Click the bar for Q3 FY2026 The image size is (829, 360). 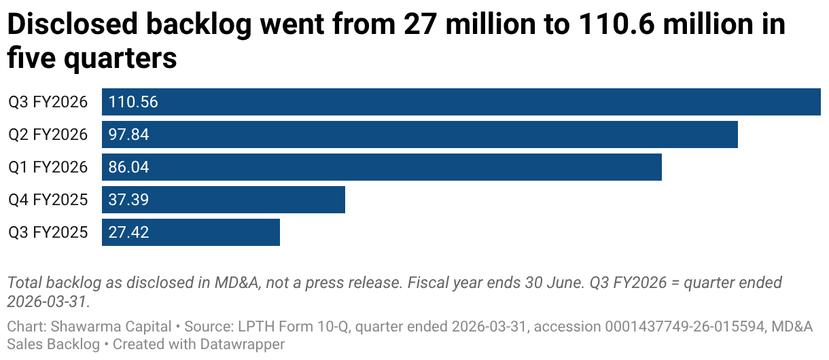(x=461, y=102)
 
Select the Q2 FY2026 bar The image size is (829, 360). (x=420, y=134)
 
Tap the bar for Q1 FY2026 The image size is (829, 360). (x=382, y=167)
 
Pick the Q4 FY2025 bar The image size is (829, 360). (x=224, y=200)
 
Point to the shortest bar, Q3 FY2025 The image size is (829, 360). (x=191, y=232)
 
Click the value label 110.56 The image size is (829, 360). (x=133, y=102)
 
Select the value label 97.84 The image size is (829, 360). (x=129, y=134)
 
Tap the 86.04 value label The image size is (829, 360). (x=129, y=167)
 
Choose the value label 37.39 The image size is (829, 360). (x=129, y=200)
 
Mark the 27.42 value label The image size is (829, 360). (x=129, y=232)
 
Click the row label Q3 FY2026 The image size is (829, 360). (x=48, y=102)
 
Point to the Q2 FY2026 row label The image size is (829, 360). (x=48, y=134)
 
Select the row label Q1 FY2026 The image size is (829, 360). (x=48, y=167)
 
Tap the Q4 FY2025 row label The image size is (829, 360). (x=48, y=200)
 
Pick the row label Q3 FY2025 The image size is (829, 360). (x=48, y=232)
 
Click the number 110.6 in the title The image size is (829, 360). (x=616, y=24)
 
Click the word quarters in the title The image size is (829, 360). (x=120, y=59)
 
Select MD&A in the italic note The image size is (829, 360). (x=236, y=283)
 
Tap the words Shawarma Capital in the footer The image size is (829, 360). (x=111, y=327)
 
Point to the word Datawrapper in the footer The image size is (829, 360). (x=243, y=344)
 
